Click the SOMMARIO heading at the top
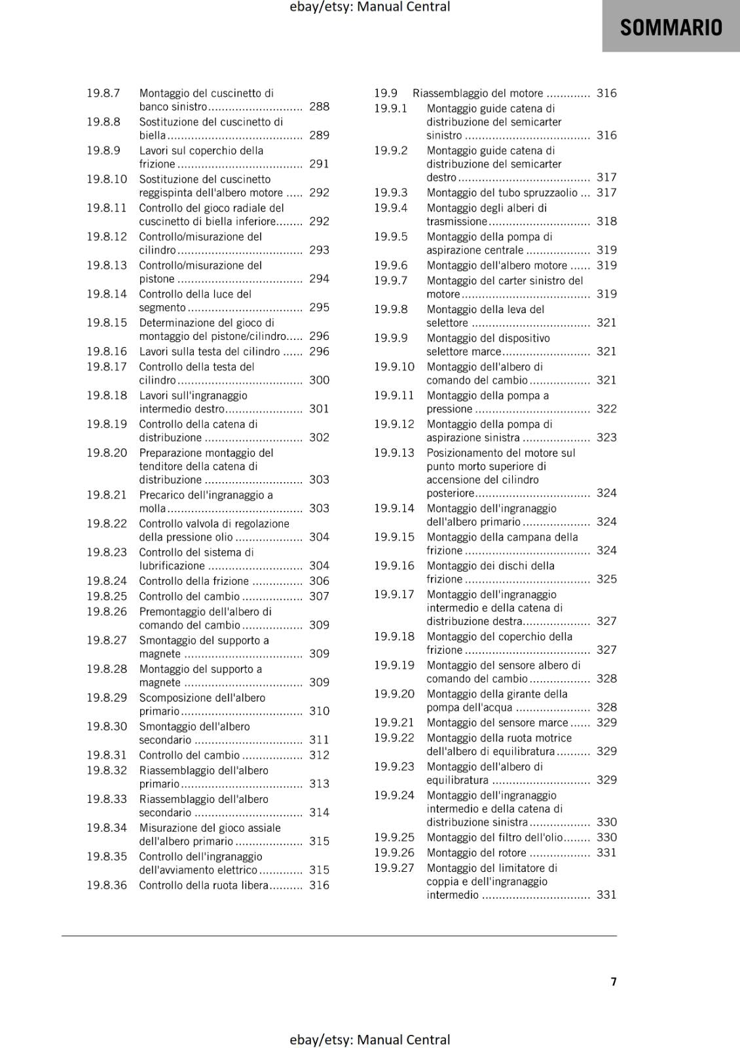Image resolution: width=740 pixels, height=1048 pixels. click(x=671, y=28)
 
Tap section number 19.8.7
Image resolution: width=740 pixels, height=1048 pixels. click(x=103, y=93)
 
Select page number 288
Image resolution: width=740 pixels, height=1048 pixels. click(x=319, y=107)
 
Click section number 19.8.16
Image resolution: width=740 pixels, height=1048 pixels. click(x=107, y=352)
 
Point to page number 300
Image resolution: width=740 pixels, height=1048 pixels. click(x=319, y=381)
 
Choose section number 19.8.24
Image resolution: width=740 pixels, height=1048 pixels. click(x=107, y=581)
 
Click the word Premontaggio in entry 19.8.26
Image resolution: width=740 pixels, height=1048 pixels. click(x=172, y=612)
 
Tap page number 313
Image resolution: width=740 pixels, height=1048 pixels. click(x=319, y=784)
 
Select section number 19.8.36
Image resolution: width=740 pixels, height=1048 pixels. click(x=107, y=886)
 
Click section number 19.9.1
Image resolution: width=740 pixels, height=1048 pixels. click(x=390, y=109)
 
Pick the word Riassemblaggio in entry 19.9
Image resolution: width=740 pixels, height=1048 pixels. click(x=451, y=93)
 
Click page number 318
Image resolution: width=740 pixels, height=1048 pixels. click(x=606, y=221)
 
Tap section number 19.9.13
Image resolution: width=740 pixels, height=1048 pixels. click(x=394, y=453)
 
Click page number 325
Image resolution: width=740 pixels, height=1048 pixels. click(x=606, y=579)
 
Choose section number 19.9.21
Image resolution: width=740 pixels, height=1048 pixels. click(x=394, y=722)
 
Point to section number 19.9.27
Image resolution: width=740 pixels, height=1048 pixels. click(x=394, y=868)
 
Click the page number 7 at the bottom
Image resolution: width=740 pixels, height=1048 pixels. click(x=614, y=981)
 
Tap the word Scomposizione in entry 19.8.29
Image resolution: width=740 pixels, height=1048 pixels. click(x=173, y=698)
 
